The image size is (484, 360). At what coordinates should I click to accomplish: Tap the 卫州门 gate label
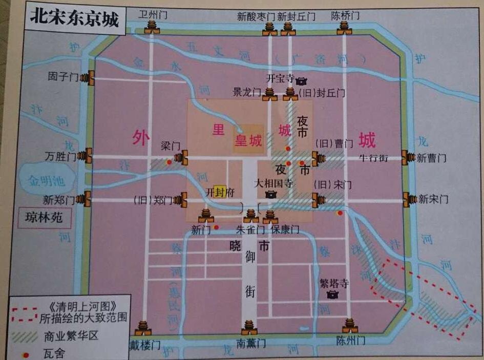point(152,14)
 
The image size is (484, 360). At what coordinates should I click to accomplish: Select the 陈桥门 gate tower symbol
point(345,28)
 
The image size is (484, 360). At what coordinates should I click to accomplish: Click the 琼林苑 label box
point(44,218)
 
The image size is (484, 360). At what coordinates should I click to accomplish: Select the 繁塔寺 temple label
point(334,283)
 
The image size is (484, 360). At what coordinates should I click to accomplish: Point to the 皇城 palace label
point(248,141)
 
